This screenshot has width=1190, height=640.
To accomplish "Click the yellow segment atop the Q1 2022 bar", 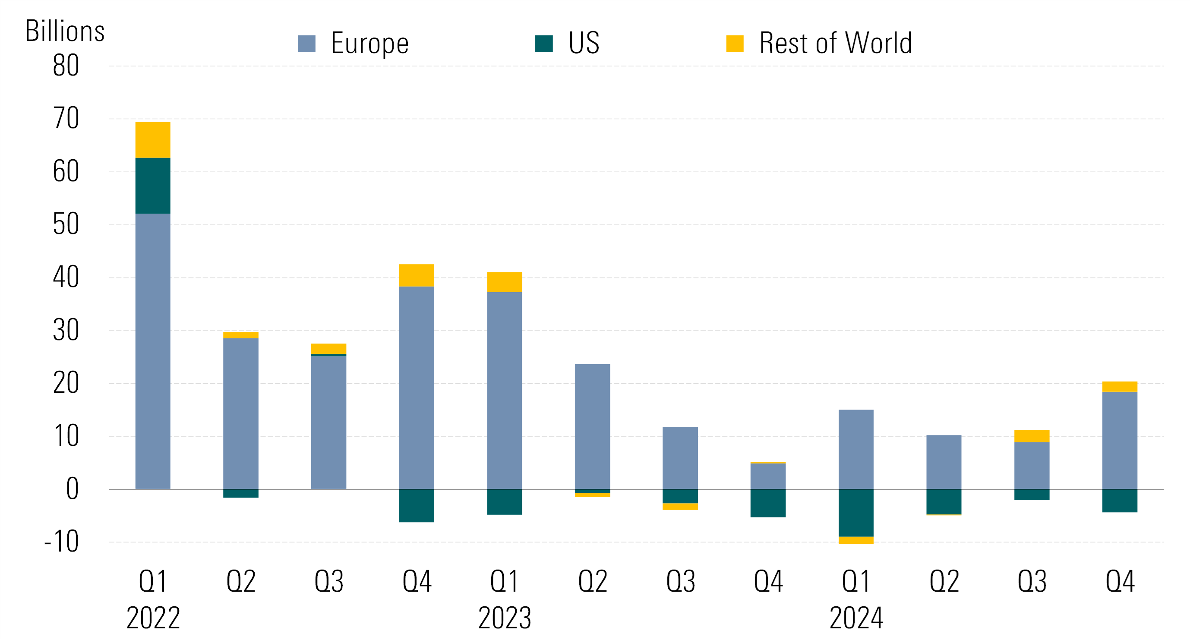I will pyautogui.click(x=152, y=140).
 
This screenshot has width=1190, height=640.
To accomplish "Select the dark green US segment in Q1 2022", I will pyautogui.click(x=152, y=186).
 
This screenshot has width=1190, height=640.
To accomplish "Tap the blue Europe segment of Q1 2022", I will pyautogui.click(x=152, y=351).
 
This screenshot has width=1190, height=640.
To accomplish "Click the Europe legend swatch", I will pyautogui.click(x=306, y=44).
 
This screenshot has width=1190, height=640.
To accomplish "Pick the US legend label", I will pyautogui.click(x=584, y=43).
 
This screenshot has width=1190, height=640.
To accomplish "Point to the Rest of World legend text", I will pyautogui.click(x=835, y=43).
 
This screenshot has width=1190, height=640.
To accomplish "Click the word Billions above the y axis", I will pyautogui.click(x=65, y=32).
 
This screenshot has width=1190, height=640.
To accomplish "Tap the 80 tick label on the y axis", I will pyautogui.click(x=66, y=66).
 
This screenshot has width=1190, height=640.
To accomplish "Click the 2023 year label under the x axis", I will pyautogui.click(x=504, y=618).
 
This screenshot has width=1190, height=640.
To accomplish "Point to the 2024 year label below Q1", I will pyautogui.click(x=855, y=618).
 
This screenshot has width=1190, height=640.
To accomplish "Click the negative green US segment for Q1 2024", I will pyautogui.click(x=855, y=513).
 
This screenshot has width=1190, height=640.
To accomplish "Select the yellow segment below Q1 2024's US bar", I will pyautogui.click(x=855, y=540).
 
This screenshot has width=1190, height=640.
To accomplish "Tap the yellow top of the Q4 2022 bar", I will pyautogui.click(x=416, y=275).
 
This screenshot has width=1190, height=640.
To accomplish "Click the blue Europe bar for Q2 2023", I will pyautogui.click(x=592, y=426).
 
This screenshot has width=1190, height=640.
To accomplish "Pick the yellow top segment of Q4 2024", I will pyautogui.click(x=1119, y=387).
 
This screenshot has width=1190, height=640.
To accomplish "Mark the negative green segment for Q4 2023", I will pyautogui.click(x=768, y=503).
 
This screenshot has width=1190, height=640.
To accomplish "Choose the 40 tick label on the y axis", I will pyautogui.click(x=66, y=277).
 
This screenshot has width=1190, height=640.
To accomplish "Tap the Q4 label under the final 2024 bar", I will pyautogui.click(x=1119, y=581).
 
